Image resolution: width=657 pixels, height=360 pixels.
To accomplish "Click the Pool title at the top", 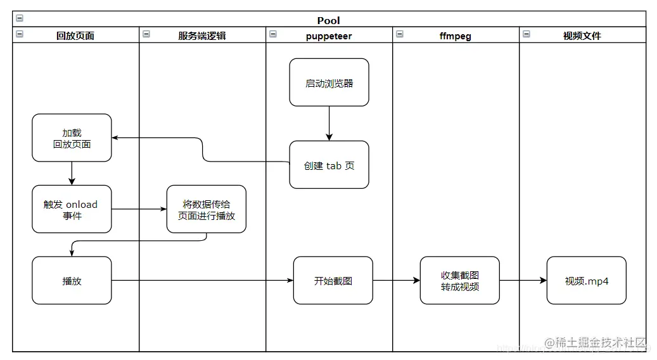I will (x=329, y=20).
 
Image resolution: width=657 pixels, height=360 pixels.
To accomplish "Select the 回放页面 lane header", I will (x=75, y=36).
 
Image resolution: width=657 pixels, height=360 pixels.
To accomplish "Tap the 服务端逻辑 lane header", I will (x=201, y=36).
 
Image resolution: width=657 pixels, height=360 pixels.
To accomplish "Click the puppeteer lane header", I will (x=328, y=36).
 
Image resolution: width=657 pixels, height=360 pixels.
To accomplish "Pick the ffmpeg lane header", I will (x=455, y=36).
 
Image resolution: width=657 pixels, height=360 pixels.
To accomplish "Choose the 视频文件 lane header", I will (x=582, y=36).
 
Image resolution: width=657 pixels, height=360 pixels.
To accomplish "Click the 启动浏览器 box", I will (x=329, y=82).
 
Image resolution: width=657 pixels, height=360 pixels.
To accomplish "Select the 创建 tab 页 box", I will (x=329, y=165).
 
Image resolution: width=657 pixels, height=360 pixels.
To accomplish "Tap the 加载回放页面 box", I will (x=72, y=138).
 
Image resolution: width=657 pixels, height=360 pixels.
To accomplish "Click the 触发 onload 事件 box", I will (x=72, y=209).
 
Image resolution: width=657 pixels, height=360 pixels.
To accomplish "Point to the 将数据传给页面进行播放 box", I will (x=207, y=209).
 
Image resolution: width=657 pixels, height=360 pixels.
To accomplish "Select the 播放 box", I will (x=72, y=280).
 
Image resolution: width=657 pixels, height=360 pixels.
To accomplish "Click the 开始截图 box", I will (x=333, y=280).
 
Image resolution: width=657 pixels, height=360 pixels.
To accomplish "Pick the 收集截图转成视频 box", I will (x=459, y=280).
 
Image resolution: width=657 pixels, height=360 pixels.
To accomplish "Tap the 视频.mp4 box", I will (x=586, y=280).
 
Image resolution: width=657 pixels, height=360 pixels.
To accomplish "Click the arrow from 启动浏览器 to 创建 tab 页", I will (x=329, y=124).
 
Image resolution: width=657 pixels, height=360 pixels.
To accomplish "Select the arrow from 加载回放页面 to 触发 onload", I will (x=72, y=173).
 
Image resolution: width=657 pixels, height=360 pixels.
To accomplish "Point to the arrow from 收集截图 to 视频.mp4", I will (x=523, y=280).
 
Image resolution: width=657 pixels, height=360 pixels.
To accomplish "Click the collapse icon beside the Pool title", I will (x=20, y=19).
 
